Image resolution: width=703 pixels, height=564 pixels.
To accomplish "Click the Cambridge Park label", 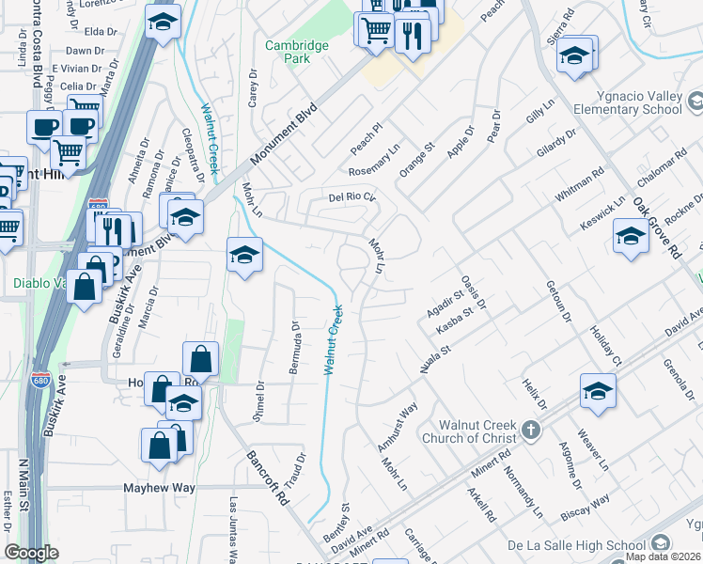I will [296, 51].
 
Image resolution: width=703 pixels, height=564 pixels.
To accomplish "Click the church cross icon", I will [531, 431].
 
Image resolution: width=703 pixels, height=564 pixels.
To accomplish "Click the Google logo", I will [31, 553].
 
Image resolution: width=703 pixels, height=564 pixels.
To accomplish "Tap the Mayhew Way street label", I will [159, 488].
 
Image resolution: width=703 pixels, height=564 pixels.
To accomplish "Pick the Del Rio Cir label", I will [351, 197].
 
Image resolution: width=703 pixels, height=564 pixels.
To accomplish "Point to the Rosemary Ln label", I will [374, 161].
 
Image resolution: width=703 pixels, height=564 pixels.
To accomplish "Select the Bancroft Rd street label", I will [267, 478].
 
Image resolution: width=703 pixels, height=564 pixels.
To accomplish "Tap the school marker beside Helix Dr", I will [598, 391].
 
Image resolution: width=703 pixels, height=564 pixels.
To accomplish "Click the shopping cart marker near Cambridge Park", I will [374, 30].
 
